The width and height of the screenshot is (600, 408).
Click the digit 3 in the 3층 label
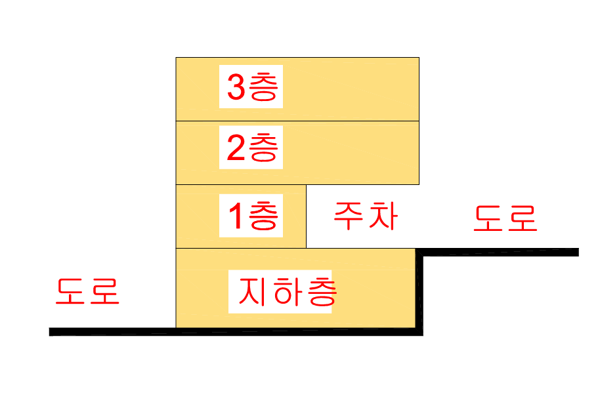click(236, 87)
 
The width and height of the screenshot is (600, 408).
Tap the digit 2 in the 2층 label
click(236, 150)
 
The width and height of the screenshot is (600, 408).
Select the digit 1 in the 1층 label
click(234, 216)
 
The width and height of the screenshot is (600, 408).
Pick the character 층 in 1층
click(264, 216)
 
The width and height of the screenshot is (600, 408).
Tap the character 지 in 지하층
click(252, 292)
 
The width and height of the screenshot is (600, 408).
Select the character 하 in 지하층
click(286, 292)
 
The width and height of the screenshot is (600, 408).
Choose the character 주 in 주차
click(349, 216)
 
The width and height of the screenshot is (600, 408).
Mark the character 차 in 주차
click(383, 216)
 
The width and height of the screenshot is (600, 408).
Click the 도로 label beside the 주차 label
click(505, 218)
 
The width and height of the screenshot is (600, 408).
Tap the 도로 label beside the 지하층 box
click(87, 291)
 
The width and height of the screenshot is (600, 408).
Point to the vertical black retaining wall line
click(419, 292)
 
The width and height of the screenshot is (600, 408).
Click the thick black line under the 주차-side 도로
click(499, 252)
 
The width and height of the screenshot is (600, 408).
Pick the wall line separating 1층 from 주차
click(307, 216)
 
